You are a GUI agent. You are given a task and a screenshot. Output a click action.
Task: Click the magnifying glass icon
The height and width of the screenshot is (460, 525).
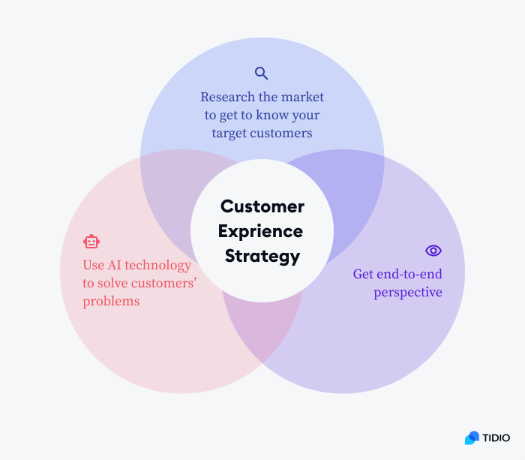point(261,73)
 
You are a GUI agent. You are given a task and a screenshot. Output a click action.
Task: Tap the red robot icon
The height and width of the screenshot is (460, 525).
point(91,242)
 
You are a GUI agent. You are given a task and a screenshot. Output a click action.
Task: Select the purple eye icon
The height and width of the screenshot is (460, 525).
point(433,251)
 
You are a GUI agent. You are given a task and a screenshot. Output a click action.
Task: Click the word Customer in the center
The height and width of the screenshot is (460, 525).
point(262,206)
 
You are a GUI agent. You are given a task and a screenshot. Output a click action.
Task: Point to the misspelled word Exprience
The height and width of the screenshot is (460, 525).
point(262,231)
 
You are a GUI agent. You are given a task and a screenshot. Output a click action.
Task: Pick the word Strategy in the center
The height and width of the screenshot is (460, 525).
point(262,256)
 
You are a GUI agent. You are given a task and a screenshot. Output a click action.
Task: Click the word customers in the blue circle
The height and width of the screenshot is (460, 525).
point(283,134)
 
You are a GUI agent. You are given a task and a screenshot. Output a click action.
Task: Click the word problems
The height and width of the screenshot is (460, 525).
point(111,302)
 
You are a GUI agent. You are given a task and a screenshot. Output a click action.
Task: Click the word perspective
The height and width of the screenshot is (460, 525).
point(408,293)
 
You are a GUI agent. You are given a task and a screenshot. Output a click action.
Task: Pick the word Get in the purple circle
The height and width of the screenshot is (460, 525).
point(363,275)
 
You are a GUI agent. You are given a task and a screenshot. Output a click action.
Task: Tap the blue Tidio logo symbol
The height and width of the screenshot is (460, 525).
point(472,437)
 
